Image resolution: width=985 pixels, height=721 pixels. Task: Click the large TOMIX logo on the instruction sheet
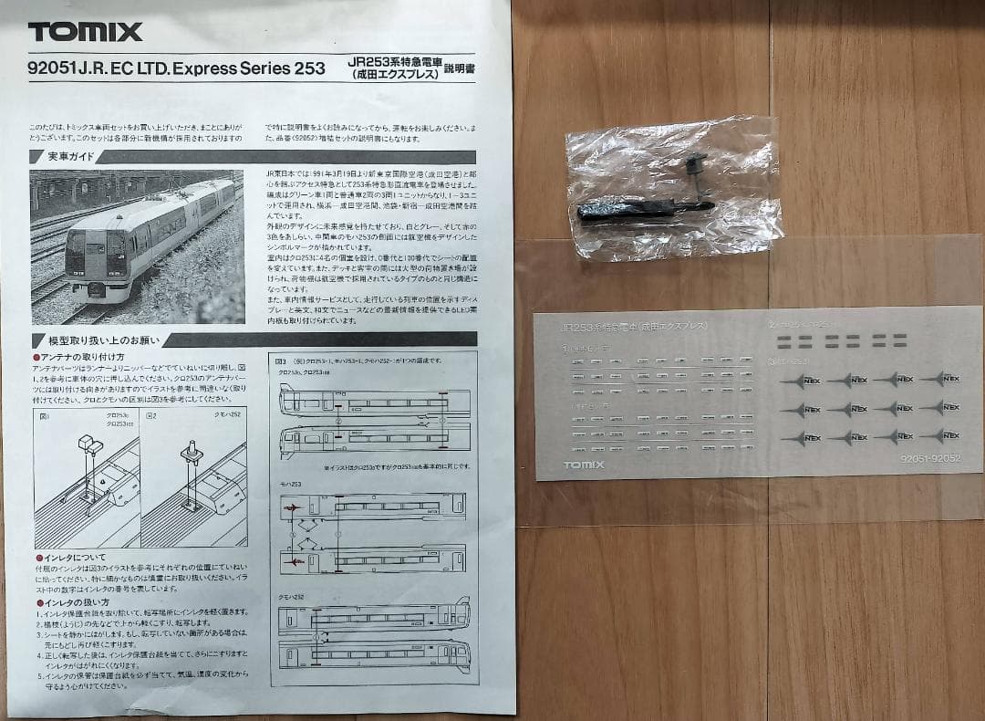click(x=85, y=32)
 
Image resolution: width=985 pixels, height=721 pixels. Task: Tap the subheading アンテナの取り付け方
click(x=82, y=356)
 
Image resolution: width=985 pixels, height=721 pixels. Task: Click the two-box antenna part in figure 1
click(x=89, y=444)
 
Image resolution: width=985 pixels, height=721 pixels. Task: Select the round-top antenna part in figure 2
click(x=192, y=451)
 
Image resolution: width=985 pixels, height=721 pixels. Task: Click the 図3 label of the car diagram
click(x=281, y=360)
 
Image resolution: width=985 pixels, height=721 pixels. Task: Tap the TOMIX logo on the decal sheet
click(x=584, y=465)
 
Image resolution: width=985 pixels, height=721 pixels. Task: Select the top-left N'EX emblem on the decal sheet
click(x=808, y=380)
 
